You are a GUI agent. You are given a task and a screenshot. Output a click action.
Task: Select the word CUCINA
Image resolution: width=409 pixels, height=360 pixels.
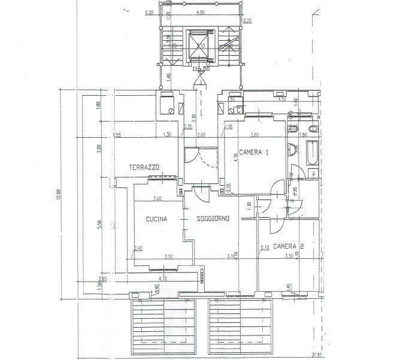pos(156,219)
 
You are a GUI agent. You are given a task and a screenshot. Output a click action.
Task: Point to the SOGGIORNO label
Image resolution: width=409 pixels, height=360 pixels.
pos(214,219)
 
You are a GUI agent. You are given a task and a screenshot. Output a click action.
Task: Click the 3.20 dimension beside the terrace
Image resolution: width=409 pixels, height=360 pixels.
pos(99,147)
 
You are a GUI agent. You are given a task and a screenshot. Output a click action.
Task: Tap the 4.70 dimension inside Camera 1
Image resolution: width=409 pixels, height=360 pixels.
pos(237,158)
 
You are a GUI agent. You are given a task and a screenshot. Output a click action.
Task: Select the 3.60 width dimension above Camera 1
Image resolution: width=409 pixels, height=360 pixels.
pos(254,135)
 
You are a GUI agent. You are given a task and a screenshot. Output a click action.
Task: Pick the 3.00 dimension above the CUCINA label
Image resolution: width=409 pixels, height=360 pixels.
pos(157,198)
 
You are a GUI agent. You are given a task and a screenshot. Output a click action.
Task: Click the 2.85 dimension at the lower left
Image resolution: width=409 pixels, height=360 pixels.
pos(102,279)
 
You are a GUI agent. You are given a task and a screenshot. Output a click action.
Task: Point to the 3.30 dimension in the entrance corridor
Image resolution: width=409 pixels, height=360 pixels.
pos(193,117)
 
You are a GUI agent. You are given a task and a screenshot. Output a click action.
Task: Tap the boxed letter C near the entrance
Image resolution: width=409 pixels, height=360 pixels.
pos(238,110)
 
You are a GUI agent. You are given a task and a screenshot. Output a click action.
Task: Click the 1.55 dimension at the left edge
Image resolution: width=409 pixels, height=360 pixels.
pos(117,135)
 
